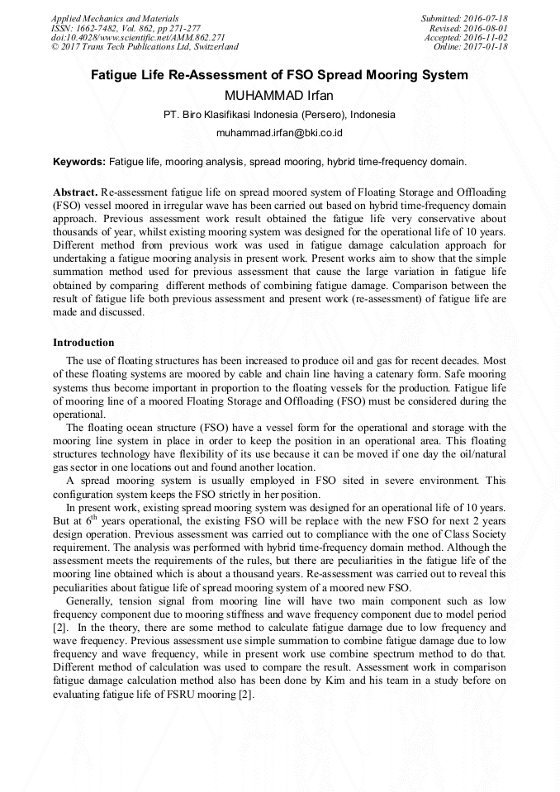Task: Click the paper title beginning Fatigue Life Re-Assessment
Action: (279, 75)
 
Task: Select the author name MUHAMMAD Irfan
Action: (279, 95)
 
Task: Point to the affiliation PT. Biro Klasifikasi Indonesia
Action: (279, 115)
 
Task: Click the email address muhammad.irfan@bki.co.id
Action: (279, 132)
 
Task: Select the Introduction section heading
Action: (83, 342)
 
